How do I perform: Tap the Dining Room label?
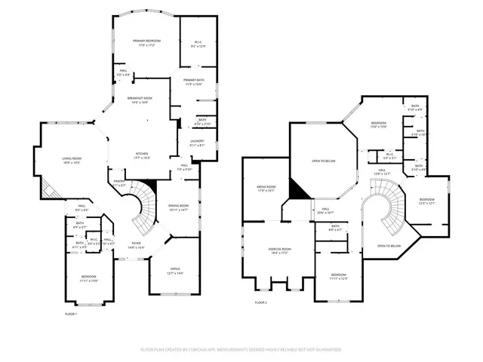pyautogui.click(x=178, y=207)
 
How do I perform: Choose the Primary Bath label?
pyautogui.click(x=194, y=81)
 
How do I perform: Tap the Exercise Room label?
pyautogui.click(x=280, y=250)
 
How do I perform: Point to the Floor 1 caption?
pyautogui.click(x=71, y=312)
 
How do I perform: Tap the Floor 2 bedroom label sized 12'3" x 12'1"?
pyautogui.click(x=427, y=201)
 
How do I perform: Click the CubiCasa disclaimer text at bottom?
pyautogui.click(x=241, y=350)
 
